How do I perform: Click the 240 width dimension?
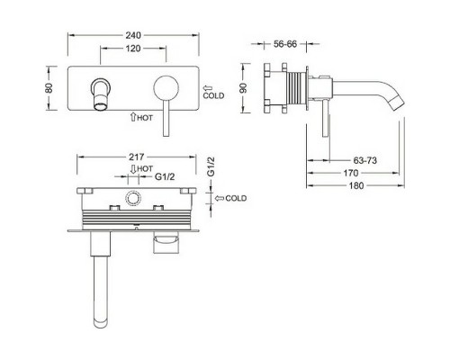[x=134, y=28]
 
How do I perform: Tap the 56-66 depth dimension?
[x=286, y=41]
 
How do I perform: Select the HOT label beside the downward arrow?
[x=141, y=168]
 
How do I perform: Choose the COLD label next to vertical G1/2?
[x=235, y=197]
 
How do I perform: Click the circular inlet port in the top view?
[x=136, y=199]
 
